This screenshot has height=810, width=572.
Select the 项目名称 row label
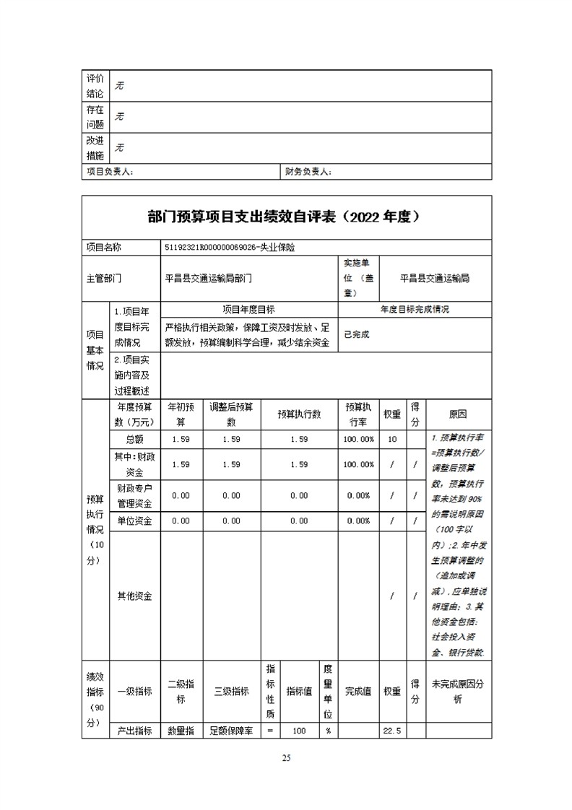104,247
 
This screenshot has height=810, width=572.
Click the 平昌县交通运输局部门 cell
209,278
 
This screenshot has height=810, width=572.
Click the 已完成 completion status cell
357,334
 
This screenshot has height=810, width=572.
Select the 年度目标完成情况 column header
415,309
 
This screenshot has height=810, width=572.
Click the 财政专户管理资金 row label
134,495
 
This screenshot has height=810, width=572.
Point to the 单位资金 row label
134,521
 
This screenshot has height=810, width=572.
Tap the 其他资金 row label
134,596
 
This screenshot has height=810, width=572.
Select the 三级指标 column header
232,691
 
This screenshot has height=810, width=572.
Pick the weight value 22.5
392,731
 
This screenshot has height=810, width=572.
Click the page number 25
286,758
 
